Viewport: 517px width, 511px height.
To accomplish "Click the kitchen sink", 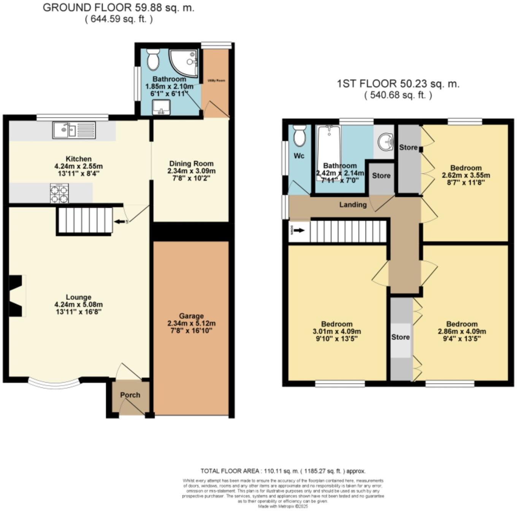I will pyautogui.click(x=75, y=130).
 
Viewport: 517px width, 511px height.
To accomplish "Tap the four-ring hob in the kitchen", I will pyautogui.click(x=59, y=194).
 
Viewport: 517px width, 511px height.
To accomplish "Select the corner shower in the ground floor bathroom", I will pyautogui.click(x=184, y=62).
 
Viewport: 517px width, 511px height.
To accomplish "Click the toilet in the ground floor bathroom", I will pyautogui.click(x=153, y=59).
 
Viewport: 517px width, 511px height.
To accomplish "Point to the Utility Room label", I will pyautogui.click(x=216, y=81).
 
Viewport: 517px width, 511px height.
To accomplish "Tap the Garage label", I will pyautogui.click(x=192, y=316).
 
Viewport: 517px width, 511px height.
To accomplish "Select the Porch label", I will pyautogui.click(x=130, y=395).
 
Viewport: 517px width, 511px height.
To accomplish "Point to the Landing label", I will pyautogui.click(x=353, y=205).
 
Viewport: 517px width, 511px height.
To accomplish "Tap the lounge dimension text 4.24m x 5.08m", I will pyautogui.click(x=79, y=305).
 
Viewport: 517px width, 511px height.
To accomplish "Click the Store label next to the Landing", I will pyautogui.click(x=381, y=176).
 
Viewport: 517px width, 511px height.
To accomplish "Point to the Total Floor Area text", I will pyautogui.click(x=283, y=471).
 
